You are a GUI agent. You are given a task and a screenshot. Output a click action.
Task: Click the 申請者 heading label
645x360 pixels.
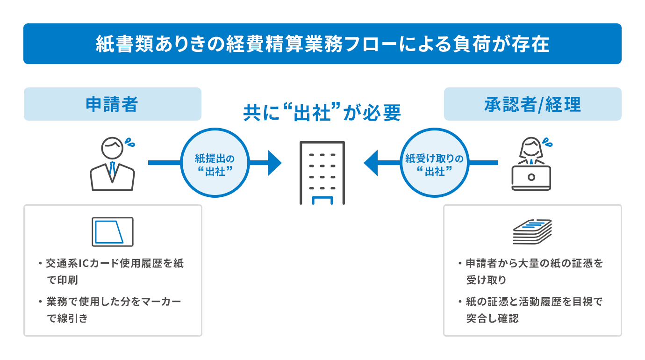click(112, 104)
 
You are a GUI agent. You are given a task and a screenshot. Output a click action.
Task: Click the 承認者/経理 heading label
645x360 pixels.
click(532, 104)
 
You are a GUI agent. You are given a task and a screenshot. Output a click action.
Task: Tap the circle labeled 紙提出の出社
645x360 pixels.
click(215, 163)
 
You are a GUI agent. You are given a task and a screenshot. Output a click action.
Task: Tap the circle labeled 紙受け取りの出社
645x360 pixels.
click(434, 163)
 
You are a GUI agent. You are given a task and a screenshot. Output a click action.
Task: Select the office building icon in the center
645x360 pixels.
click(322, 173)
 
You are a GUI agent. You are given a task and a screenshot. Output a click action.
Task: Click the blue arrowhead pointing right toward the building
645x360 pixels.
click(274, 163)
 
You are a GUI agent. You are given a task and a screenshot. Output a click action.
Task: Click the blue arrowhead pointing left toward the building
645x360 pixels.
click(371, 163)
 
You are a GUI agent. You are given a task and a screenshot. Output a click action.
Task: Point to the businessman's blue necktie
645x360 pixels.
click(112, 171)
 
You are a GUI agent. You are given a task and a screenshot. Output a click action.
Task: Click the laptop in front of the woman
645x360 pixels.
click(531, 178)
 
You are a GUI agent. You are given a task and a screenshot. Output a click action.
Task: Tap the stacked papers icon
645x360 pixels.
click(532, 231)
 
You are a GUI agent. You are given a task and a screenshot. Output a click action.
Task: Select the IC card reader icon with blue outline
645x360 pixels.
click(112, 232)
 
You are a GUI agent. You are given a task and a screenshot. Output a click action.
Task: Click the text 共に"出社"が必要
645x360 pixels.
click(322, 113)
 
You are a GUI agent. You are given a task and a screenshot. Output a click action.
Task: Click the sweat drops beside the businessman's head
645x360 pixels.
click(129, 142)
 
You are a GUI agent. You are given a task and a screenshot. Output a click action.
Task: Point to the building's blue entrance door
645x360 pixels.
click(322, 201)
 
